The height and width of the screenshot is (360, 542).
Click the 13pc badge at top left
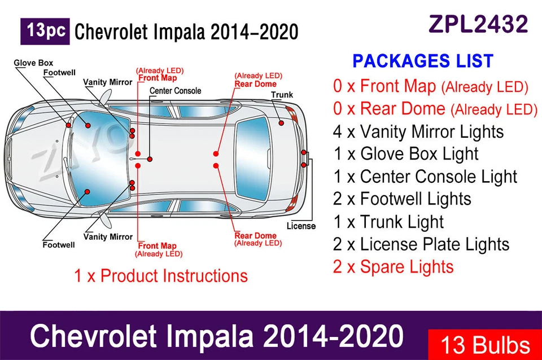[x=45, y=32]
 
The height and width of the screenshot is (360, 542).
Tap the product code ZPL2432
[x=478, y=24]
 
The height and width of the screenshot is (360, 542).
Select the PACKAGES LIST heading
[x=423, y=61]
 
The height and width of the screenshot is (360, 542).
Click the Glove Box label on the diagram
[x=33, y=63]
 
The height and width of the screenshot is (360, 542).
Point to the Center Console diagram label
[x=175, y=90]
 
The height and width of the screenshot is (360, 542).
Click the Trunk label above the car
[x=282, y=95]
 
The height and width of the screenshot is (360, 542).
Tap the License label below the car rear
[x=301, y=226]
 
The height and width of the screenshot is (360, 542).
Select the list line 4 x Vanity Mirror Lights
[x=418, y=131]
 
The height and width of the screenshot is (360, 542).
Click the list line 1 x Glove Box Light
[x=405, y=154]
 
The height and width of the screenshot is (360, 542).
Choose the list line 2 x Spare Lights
[x=393, y=266]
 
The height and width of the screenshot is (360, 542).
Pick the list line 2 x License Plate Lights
[x=421, y=244]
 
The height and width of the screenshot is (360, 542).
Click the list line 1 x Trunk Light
[x=388, y=222]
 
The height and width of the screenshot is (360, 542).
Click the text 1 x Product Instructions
[x=161, y=276]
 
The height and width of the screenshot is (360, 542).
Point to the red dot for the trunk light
[x=281, y=122]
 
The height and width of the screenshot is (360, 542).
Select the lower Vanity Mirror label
[x=108, y=237]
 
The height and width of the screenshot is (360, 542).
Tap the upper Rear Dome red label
[x=255, y=84]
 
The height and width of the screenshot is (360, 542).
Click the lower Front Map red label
[x=158, y=246]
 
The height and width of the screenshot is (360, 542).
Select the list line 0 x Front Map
[x=384, y=86]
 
